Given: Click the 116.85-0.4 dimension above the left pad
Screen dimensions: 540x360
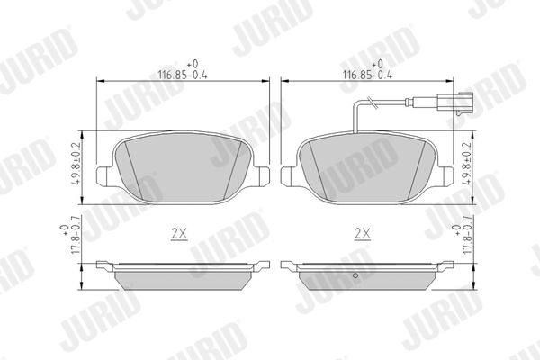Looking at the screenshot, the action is (x=183, y=75).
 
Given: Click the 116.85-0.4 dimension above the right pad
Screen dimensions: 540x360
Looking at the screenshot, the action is (x=367, y=75).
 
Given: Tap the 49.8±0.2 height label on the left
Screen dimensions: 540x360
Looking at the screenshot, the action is (x=76, y=164).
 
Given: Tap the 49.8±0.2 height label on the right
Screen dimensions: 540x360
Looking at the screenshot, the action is (x=466, y=164).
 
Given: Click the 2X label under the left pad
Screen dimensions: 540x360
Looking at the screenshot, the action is (x=179, y=234).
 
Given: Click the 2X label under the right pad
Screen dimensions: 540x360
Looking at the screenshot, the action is (x=363, y=234).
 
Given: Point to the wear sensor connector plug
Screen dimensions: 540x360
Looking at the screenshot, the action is (x=454, y=102).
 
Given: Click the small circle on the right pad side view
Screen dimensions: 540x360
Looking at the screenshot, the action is (x=355, y=275).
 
